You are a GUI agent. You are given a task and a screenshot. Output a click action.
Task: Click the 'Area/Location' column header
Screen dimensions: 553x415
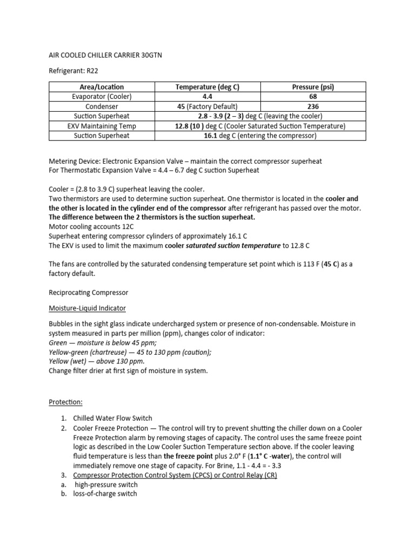click(x=102, y=87)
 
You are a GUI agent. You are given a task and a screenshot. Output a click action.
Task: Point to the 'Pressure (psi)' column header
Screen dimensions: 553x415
click(x=313, y=87)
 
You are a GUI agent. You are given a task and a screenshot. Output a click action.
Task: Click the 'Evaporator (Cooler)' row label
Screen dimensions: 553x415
click(x=102, y=97)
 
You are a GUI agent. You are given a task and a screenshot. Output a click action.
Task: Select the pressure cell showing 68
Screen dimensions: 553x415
click(x=313, y=97)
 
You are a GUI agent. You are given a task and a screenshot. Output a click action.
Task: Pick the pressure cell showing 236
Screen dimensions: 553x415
click(x=313, y=106)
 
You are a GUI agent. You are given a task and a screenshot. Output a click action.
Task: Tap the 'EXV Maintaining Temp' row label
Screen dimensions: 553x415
click(x=102, y=126)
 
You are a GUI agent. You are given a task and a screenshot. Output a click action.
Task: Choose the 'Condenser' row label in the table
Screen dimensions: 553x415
click(x=102, y=106)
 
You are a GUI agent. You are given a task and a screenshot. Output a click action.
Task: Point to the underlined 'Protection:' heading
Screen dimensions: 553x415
click(x=65, y=403)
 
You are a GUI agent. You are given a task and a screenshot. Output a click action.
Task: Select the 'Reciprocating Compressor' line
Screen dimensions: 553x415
click(x=89, y=292)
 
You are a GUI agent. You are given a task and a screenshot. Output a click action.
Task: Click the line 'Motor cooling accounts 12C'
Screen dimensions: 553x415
click(x=92, y=226)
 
